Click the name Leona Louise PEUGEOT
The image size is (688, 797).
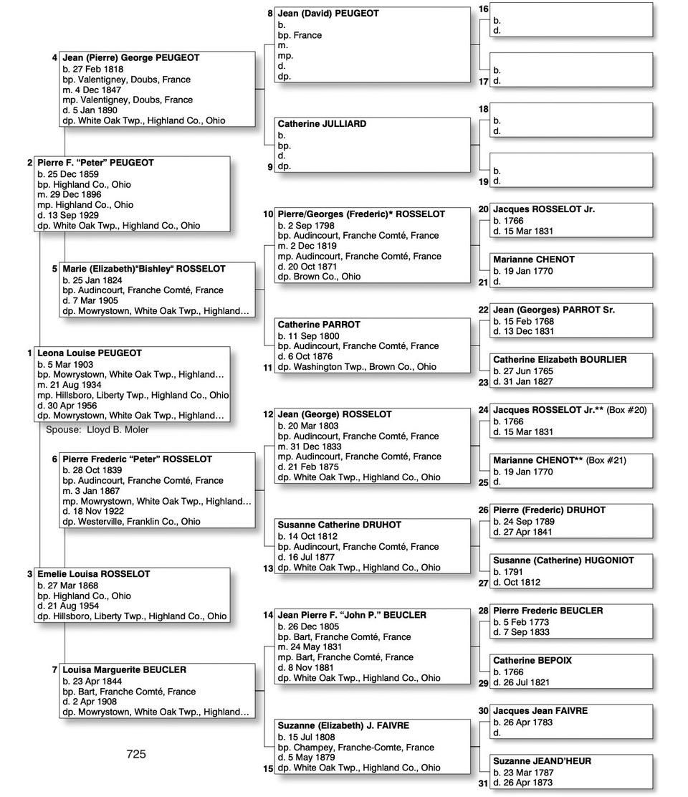[x=90, y=353]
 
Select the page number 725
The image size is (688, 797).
[x=136, y=753]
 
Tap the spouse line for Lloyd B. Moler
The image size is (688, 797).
[x=97, y=429]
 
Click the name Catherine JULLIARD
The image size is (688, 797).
[x=322, y=124]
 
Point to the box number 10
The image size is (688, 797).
[x=268, y=214]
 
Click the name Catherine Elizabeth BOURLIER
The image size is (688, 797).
[x=560, y=360]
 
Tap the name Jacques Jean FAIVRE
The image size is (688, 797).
[x=540, y=711]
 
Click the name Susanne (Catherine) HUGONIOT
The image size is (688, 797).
[x=563, y=560]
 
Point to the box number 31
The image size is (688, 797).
[x=483, y=783]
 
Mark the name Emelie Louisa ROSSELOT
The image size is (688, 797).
[x=94, y=574]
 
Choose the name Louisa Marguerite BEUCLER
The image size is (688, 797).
[x=124, y=670]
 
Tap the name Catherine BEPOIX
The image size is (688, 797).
[x=532, y=661]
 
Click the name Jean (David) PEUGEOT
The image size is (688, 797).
[x=328, y=14]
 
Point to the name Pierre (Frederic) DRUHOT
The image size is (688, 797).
[x=549, y=510]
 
